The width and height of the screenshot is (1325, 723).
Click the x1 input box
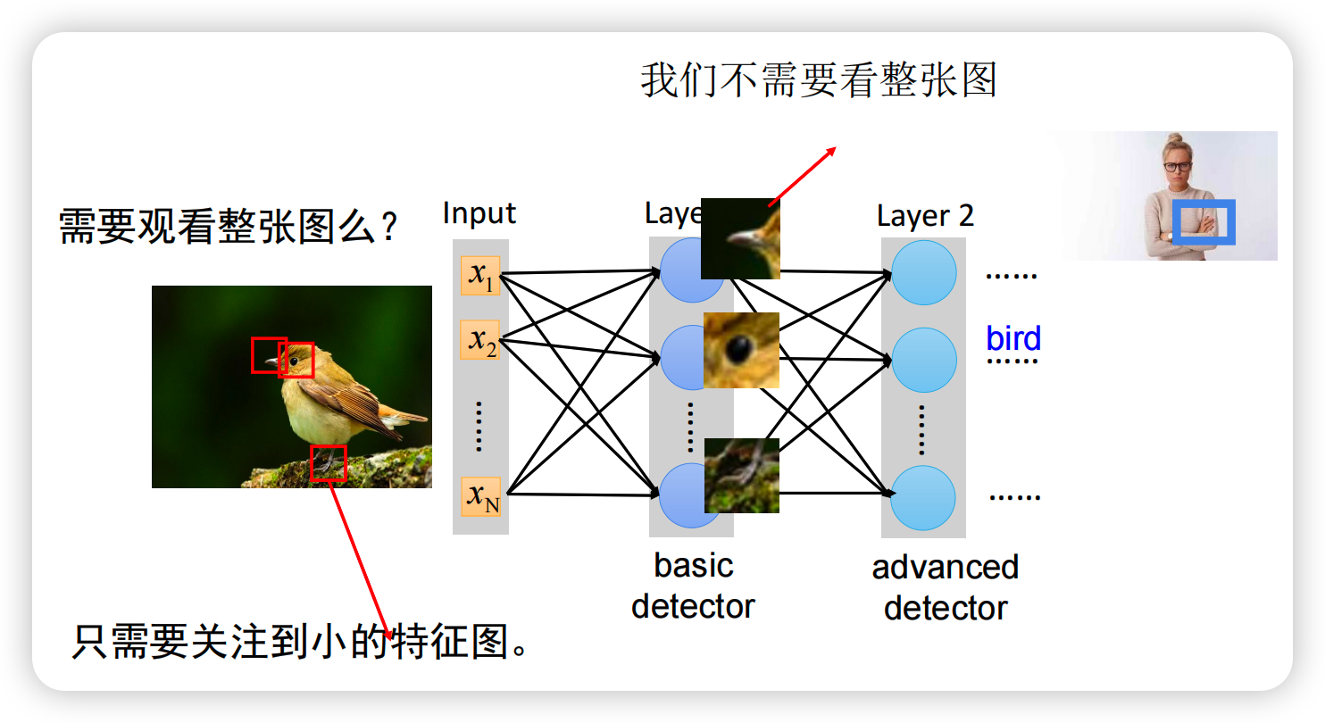click(480, 276)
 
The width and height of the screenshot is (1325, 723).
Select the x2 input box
click(480, 340)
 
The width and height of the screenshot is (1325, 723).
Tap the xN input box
click(480, 496)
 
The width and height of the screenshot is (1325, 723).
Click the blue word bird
click(1013, 339)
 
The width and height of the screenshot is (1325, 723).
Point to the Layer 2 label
click(925, 216)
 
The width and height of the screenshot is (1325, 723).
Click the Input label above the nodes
click(479, 213)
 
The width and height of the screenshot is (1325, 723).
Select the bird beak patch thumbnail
click(740, 238)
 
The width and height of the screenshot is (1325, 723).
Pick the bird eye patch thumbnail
click(741, 350)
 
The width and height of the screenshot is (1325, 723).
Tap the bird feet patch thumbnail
click(741, 475)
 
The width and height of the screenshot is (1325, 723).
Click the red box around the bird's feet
click(328, 463)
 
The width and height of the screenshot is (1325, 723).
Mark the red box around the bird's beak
click(268, 354)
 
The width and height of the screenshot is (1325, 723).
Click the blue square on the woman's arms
click(1203, 221)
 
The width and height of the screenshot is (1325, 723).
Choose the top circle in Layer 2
click(924, 272)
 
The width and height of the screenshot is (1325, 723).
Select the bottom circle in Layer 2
click(924, 497)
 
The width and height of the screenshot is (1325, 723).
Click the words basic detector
click(693, 586)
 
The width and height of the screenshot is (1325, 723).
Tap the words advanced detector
click(946, 587)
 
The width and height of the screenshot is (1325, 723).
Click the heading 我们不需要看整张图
click(818, 81)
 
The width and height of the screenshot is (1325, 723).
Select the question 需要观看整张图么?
click(228, 227)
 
